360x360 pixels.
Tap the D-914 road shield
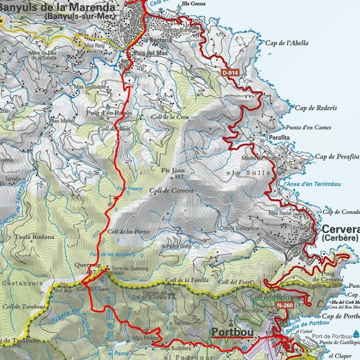pos(230,73)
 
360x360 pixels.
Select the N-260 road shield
pos(285,305)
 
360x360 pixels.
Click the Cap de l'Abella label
pos(285,43)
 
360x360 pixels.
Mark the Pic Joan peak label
pos(172,170)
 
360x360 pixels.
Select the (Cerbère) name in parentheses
pos(340,238)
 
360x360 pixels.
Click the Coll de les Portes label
pos(128,232)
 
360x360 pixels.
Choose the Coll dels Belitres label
pos(268,296)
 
